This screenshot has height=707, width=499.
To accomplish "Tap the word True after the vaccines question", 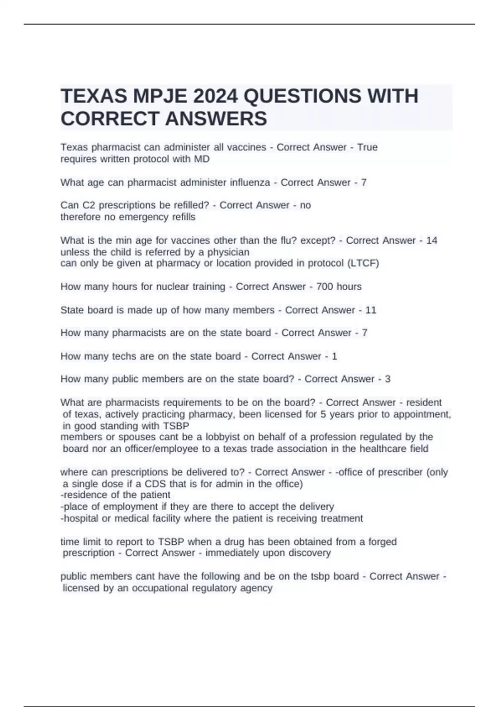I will coord(367,147).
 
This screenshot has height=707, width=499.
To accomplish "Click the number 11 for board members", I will coord(371,310).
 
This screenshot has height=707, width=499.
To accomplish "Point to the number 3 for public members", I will coord(388,379).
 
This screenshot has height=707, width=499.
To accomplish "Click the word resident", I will coord(424,402).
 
